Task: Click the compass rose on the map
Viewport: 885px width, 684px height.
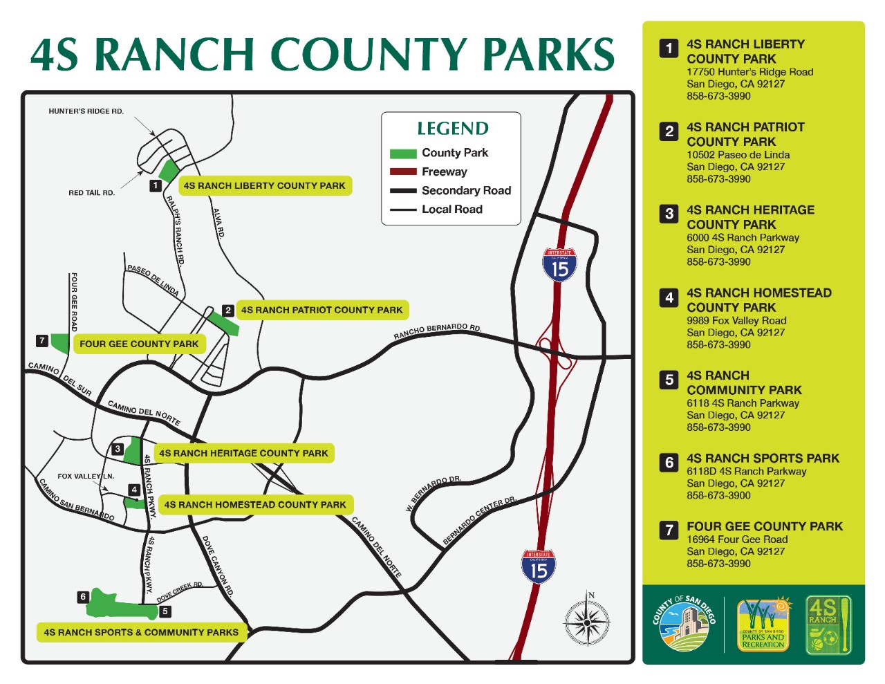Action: [x=587, y=621]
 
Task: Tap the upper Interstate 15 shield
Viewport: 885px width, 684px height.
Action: [x=559, y=265]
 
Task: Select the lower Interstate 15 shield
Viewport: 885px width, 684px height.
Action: [x=539, y=566]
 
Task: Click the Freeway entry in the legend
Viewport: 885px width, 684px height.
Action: [x=444, y=172]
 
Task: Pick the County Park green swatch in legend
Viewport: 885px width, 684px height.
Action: [x=403, y=154]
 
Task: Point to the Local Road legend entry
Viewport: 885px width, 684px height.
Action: [x=451, y=210]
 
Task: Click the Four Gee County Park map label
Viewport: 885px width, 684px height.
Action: [x=139, y=344]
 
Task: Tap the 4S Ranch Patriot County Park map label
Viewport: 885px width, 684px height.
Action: [x=322, y=310]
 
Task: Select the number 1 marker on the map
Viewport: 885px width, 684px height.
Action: [x=156, y=185]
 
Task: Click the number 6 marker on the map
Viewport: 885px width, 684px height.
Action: [x=83, y=597]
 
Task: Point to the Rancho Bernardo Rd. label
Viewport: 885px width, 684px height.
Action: [x=437, y=331]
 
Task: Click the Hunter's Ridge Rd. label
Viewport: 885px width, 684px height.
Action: [x=86, y=111]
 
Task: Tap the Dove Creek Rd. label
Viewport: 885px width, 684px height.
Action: [x=180, y=591]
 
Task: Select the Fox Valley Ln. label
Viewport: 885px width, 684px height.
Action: [x=86, y=477]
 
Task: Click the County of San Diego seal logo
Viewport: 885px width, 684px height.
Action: [x=684, y=625]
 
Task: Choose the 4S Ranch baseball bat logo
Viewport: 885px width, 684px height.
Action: [x=828, y=625]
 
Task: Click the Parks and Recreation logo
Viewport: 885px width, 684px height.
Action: [x=763, y=625]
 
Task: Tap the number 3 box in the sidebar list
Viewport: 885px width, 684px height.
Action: [x=669, y=214]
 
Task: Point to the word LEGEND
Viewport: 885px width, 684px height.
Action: [x=453, y=129]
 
